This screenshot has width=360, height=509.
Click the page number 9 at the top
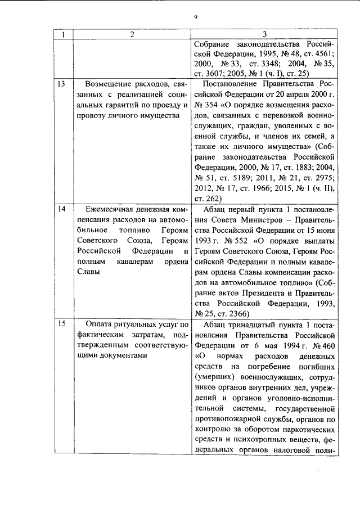point(195,17)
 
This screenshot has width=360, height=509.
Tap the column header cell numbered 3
point(264,35)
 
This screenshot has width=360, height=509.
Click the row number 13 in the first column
point(62,84)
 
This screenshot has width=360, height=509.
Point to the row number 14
point(62,209)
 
